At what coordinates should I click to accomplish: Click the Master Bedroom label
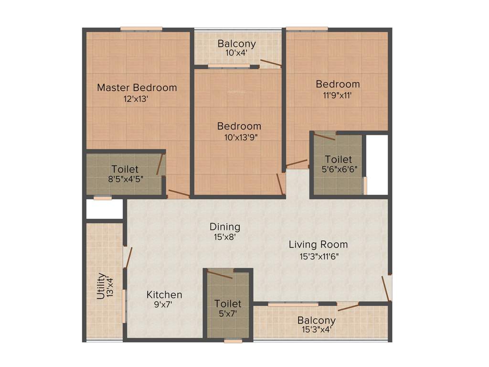[137, 88]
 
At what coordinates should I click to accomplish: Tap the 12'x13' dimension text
[137, 99]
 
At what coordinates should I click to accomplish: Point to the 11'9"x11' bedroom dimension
[338, 95]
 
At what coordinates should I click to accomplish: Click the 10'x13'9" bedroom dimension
[239, 137]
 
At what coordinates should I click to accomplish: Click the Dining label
[224, 227]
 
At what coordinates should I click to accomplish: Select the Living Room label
[318, 245]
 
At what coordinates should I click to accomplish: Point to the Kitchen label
[164, 295]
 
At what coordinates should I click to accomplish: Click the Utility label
[101, 286]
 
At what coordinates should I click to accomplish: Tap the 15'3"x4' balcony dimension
[316, 329]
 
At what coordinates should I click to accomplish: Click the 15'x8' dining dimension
[224, 237]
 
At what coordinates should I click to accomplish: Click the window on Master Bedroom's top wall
[141, 29]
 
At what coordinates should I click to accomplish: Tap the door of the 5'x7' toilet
[220, 274]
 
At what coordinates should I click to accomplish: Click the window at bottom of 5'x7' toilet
[233, 341]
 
